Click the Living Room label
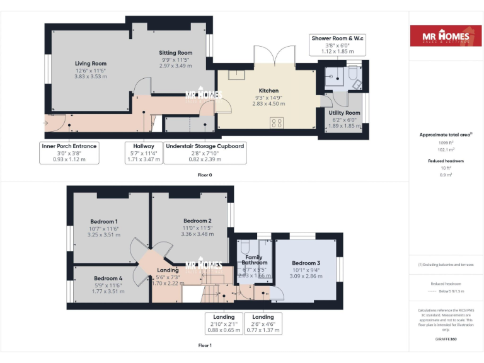click(x=91, y=63)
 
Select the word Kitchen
click(x=268, y=91)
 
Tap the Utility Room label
click(x=344, y=113)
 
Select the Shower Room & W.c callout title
click(x=337, y=38)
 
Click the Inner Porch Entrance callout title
click(x=69, y=146)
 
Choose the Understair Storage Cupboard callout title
click(x=204, y=146)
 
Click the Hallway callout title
click(x=144, y=146)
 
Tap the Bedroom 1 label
click(x=104, y=221)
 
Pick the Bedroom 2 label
click(x=197, y=221)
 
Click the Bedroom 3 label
click(x=306, y=263)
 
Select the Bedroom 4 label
click(x=108, y=278)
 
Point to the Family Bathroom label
click(x=255, y=259)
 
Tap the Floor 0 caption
click(x=204, y=175)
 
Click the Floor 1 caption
click(x=204, y=345)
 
